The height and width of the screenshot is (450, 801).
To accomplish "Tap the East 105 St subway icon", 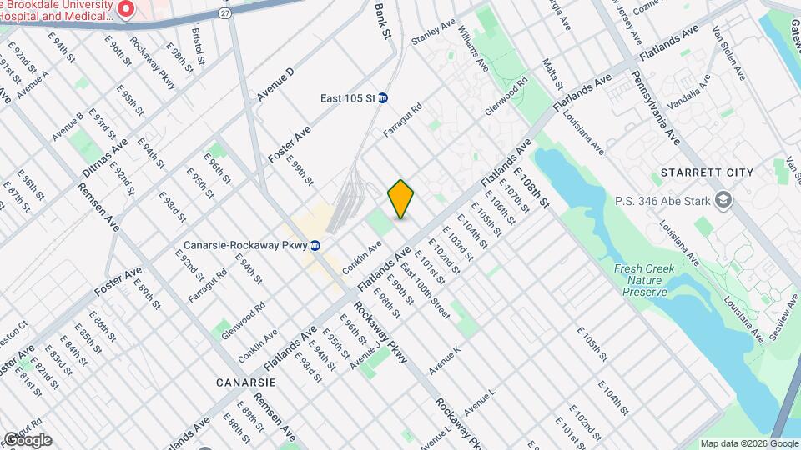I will click(383, 98).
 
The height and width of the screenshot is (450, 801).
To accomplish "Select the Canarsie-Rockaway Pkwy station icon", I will click(315, 246).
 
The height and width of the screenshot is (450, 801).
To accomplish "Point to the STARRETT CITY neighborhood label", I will click(706, 172).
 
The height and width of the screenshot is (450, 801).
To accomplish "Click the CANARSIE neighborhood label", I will click(245, 382).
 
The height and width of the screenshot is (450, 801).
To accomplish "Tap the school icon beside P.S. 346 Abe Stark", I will click(723, 200).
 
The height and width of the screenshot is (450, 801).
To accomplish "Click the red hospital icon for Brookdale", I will click(127, 10).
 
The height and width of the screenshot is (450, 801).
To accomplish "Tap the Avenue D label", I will click(276, 85).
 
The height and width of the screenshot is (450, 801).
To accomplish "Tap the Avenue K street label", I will click(445, 359).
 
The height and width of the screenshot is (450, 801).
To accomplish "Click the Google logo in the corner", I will click(27, 440).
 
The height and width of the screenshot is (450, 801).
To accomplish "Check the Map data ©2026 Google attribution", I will click(748, 443).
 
